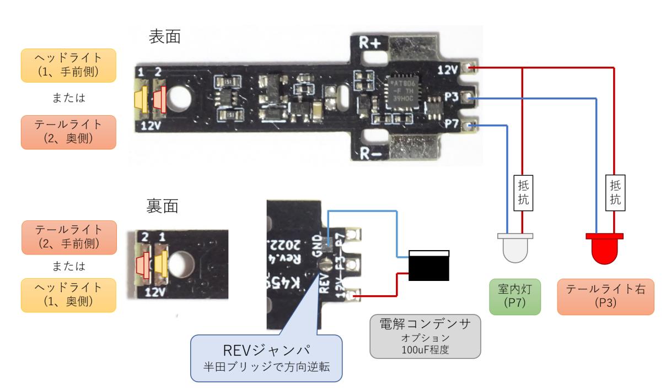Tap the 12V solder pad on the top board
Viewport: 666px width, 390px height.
tap(469, 68)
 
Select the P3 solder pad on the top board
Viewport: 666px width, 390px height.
tap(469, 97)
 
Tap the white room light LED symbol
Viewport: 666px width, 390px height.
tap(515, 247)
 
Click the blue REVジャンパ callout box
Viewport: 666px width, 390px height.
tap(266, 356)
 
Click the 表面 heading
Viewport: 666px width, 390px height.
tap(165, 37)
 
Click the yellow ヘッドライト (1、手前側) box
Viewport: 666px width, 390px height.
tap(68, 66)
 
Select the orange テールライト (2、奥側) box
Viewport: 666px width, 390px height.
tap(68, 132)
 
